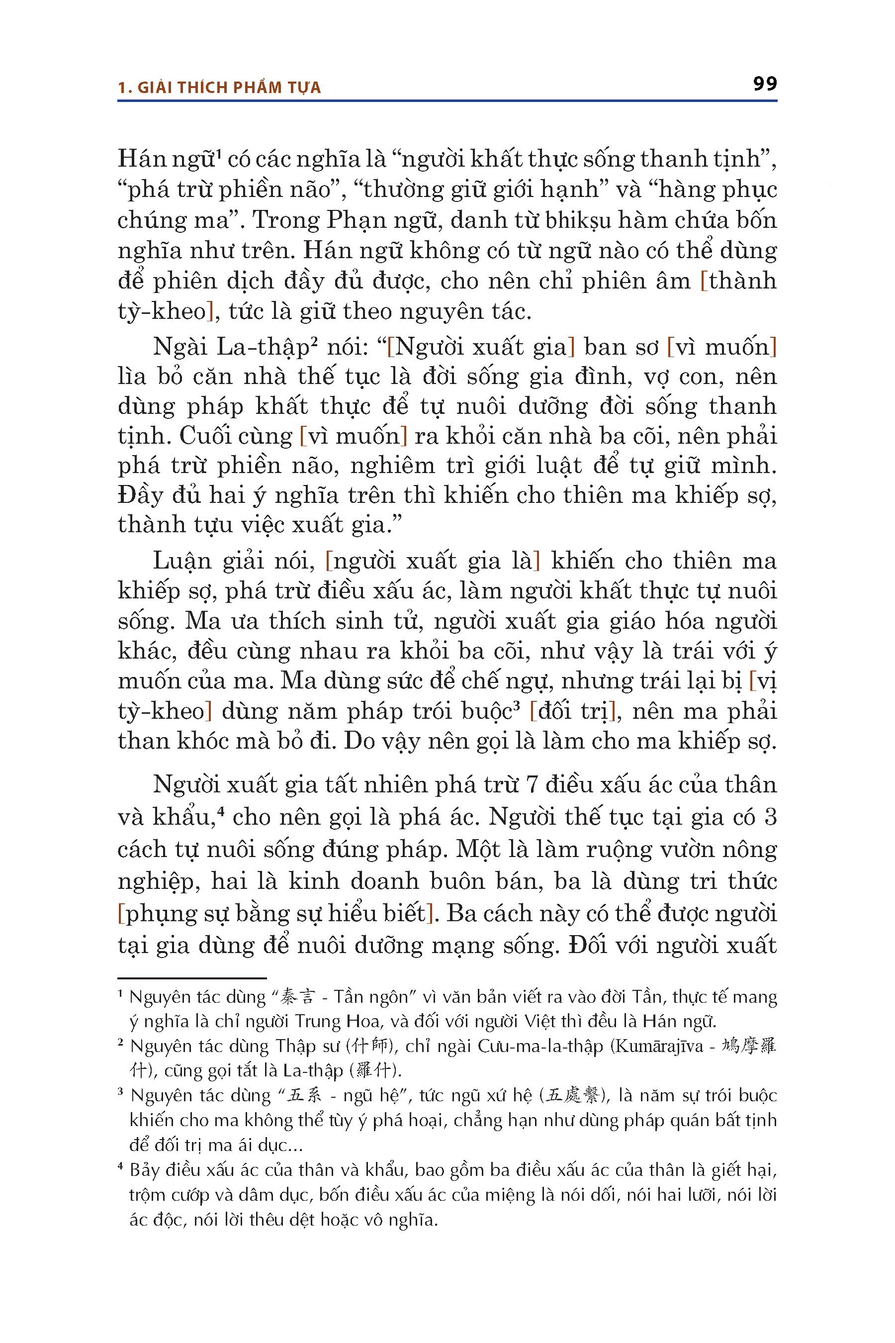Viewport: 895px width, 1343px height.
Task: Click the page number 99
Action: [x=764, y=84]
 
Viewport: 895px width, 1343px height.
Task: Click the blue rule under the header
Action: [x=447, y=101]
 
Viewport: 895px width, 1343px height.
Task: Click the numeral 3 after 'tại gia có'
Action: [x=770, y=817]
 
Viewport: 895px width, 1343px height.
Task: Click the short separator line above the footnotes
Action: [x=192, y=978]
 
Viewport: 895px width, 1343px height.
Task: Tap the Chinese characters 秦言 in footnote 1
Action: [x=297, y=997]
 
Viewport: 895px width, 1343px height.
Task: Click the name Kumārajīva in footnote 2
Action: [x=659, y=1046]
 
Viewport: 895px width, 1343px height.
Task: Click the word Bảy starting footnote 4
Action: [x=144, y=1169]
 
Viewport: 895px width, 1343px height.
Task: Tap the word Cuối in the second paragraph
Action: [x=203, y=436]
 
